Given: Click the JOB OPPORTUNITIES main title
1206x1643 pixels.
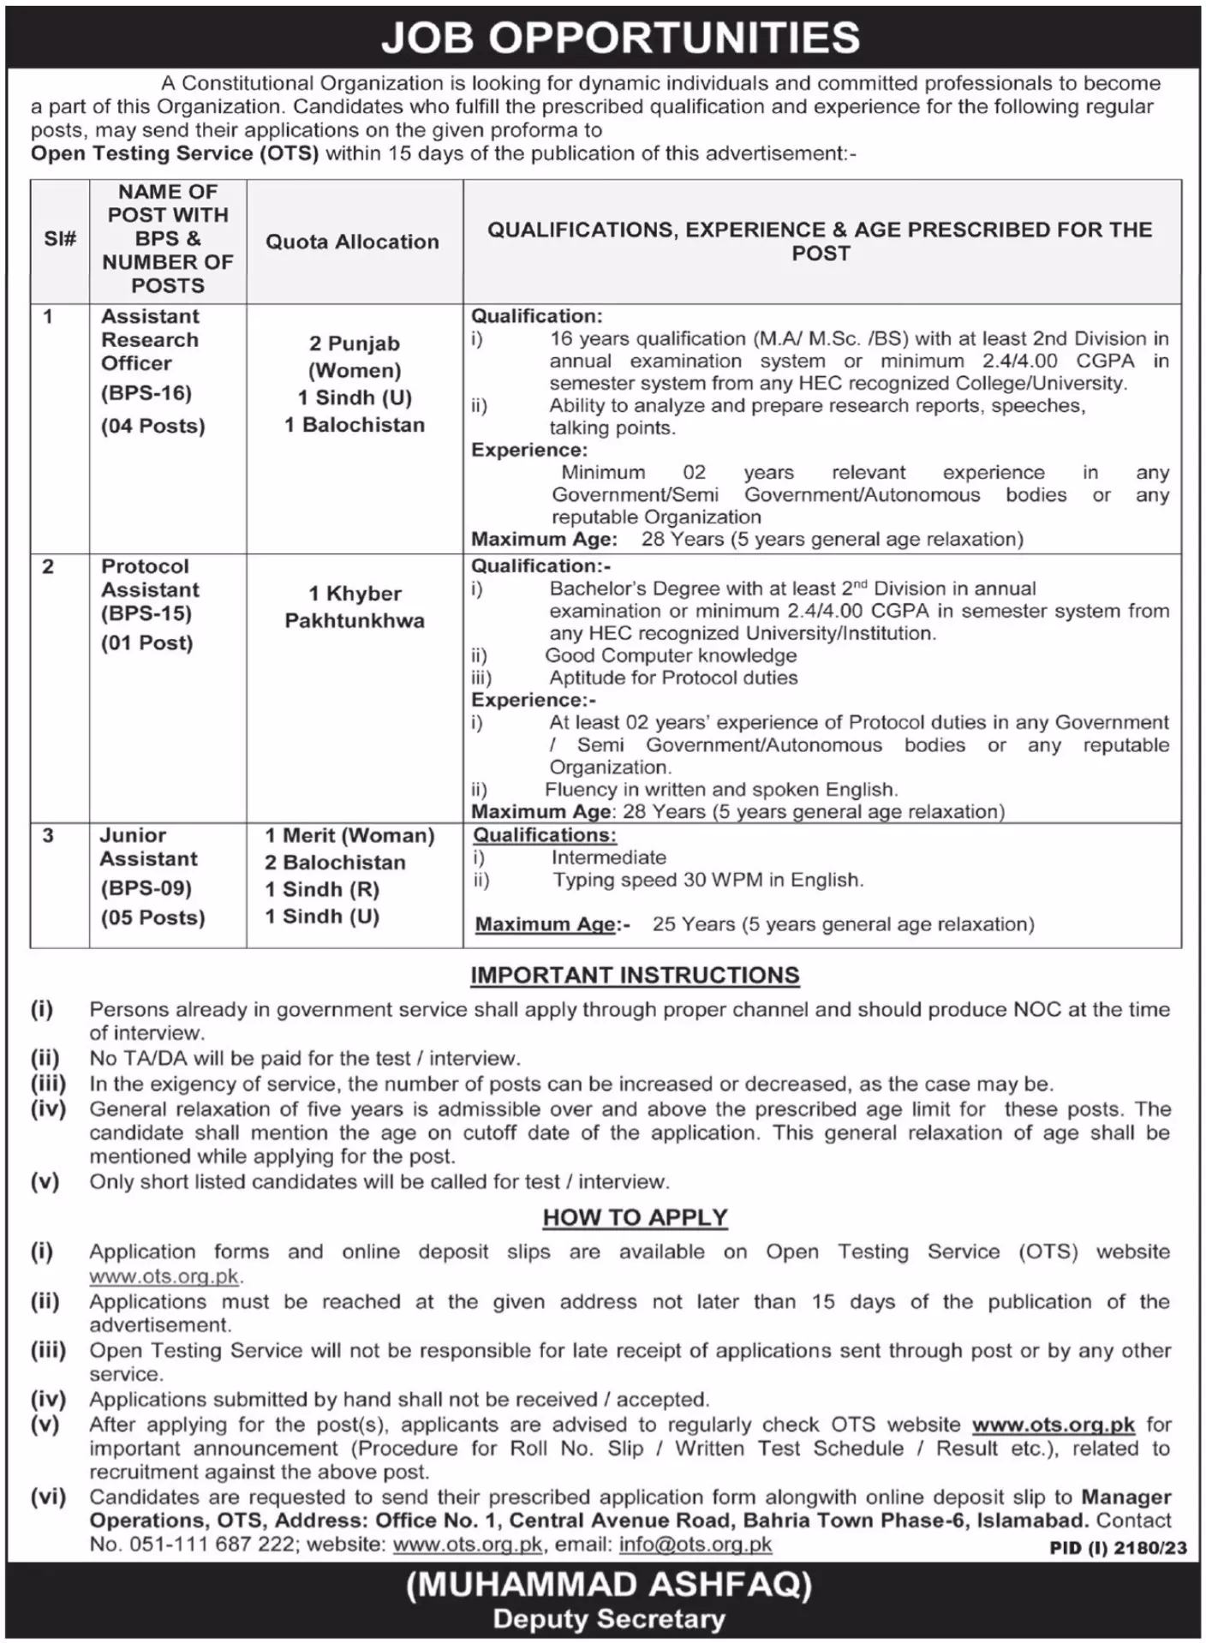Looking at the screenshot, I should (x=620, y=38).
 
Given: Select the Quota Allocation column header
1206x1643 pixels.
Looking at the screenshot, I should (x=352, y=242).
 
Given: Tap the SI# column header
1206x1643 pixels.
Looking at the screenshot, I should (x=60, y=239).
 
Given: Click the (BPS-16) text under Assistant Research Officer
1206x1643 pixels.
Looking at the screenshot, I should (x=146, y=393).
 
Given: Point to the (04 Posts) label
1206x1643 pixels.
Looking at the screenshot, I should (x=153, y=426).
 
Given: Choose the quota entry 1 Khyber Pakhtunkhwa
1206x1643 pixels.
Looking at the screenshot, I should (x=355, y=606).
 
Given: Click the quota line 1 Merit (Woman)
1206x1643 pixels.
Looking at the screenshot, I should (x=349, y=835).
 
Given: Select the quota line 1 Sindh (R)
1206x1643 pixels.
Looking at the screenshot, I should (x=322, y=889).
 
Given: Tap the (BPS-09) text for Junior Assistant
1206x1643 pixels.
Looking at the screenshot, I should (x=146, y=887).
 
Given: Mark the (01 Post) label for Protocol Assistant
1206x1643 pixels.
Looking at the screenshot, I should (x=147, y=642).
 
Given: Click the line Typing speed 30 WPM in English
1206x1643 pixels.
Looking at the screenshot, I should (x=707, y=880).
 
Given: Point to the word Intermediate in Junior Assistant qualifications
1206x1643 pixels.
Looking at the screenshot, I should (x=609, y=857).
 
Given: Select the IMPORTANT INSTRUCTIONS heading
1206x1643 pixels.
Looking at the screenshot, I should (x=635, y=975).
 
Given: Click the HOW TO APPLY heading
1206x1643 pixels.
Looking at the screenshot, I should (x=635, y=1217).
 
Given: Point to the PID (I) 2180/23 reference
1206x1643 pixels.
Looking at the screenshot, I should (x=1118, y=1548).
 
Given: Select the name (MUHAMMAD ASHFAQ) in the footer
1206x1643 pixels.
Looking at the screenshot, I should (x=609, y=1586).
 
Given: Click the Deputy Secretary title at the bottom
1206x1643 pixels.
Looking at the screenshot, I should (x=609, y=1619).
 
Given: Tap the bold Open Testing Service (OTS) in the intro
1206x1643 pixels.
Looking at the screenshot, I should (x=175, y=153).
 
